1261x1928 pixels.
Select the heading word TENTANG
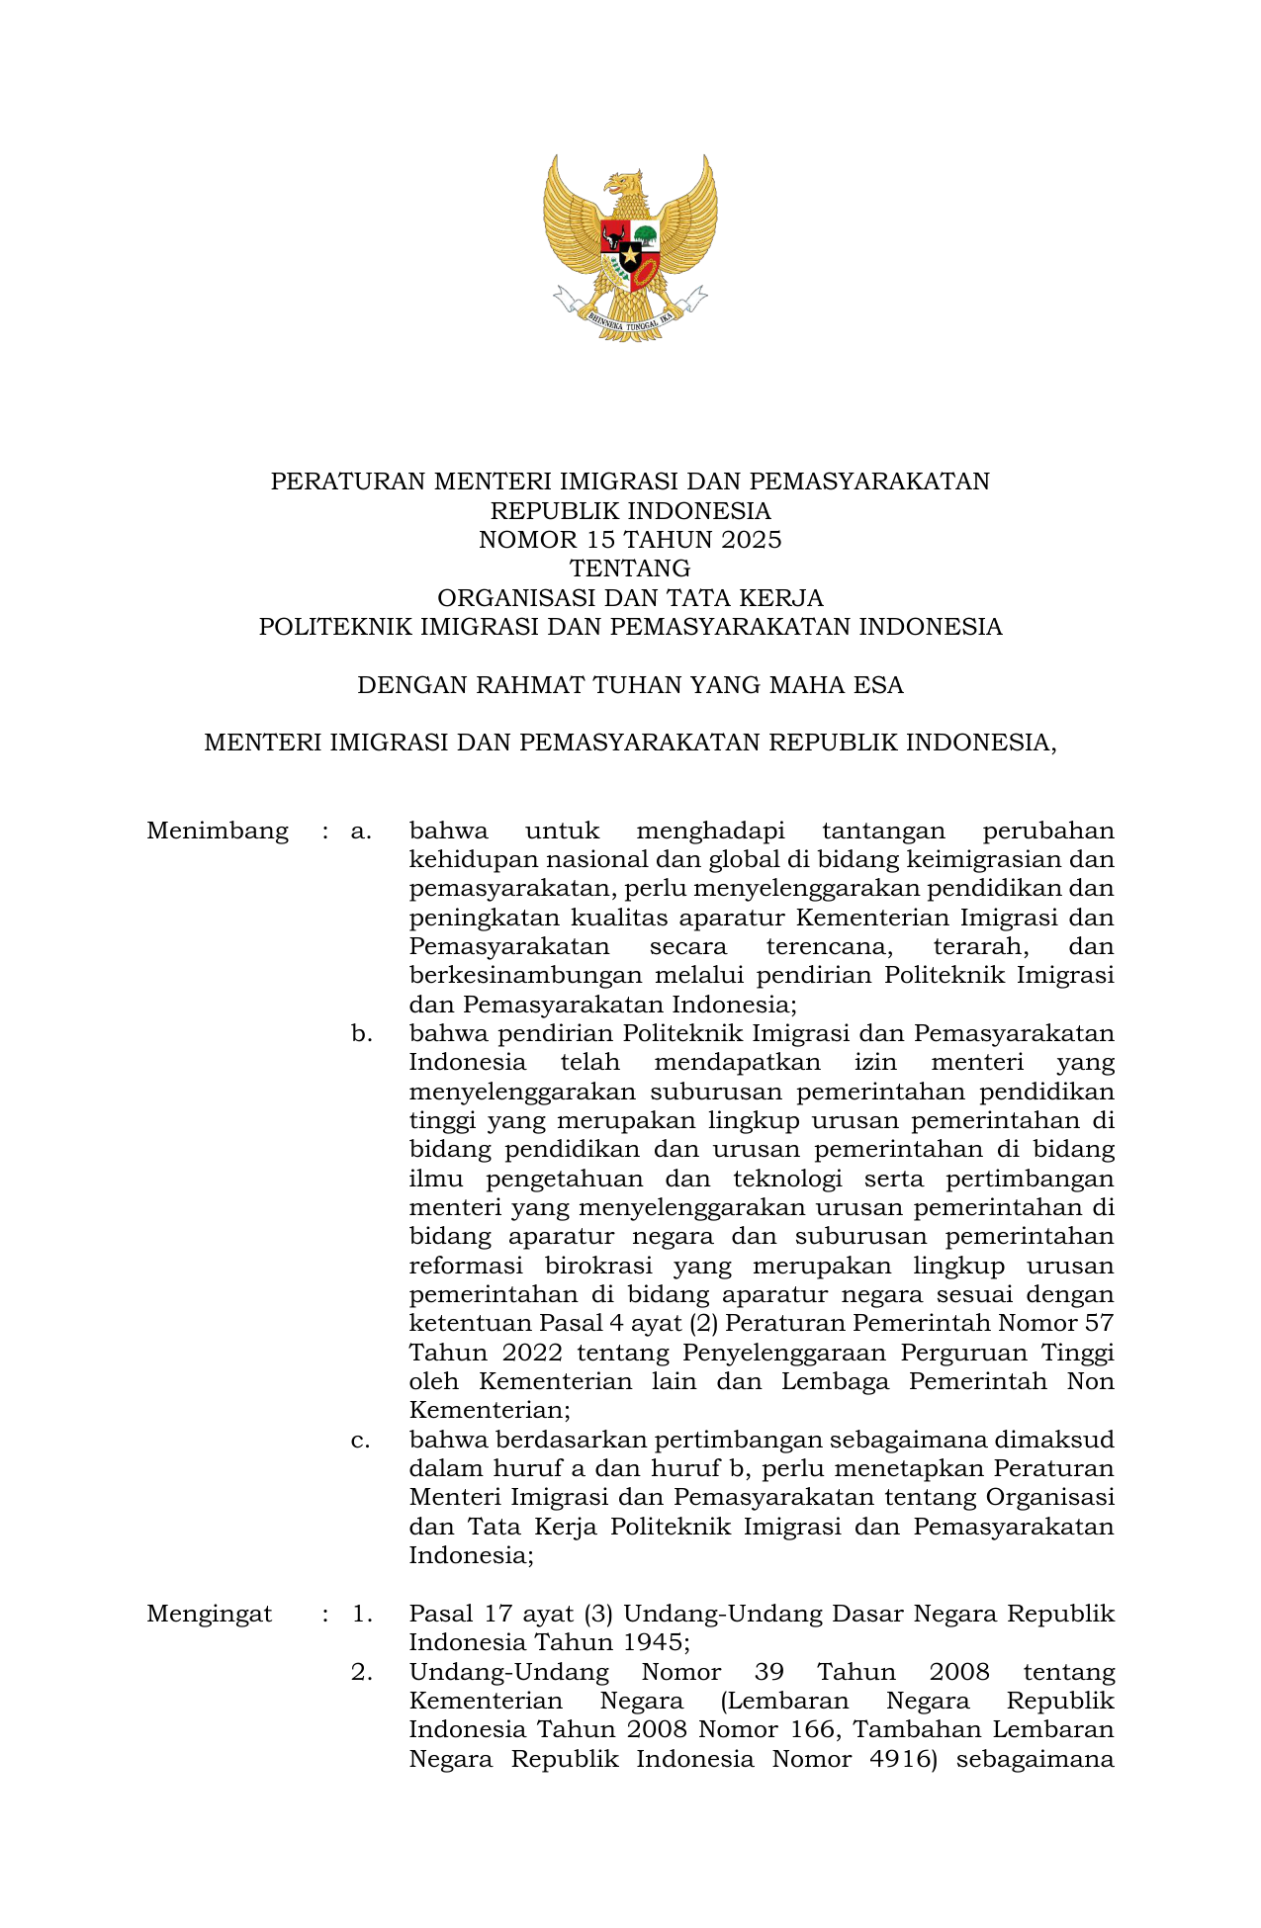tap(630, 569)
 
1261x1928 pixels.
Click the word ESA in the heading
tap(881, 685)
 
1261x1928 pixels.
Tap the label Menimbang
tap(218, 832)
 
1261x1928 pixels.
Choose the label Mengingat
tap(210, 1615)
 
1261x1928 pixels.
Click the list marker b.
tap(361, 1034)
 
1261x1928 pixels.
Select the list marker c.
tap(361, 1440)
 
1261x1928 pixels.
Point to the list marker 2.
tap(361, 1673)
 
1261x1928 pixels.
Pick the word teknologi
tap(787, 1180)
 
